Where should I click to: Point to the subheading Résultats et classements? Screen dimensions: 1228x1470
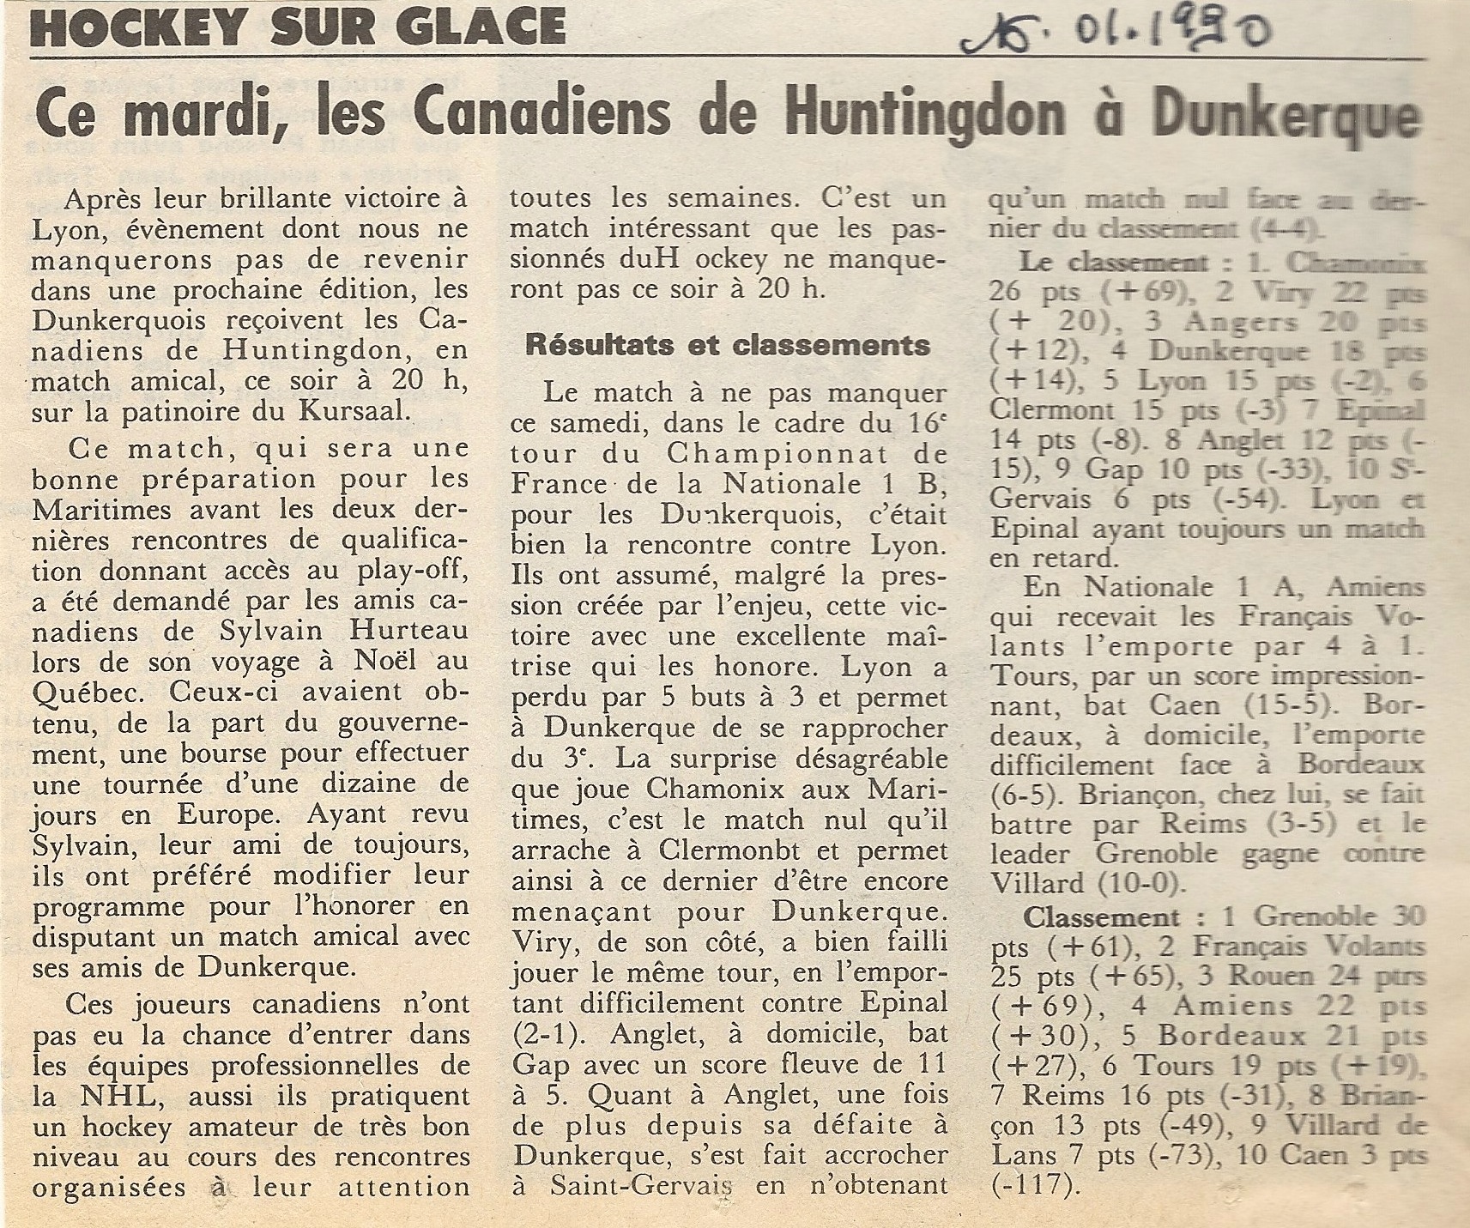pos(728,345)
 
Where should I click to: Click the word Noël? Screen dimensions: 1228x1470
pos(376,662)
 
